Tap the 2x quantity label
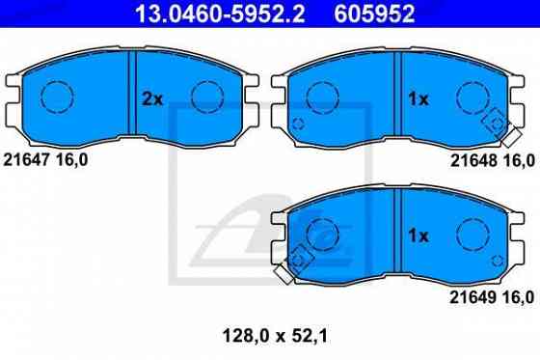coord(152,98)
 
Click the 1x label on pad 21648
coord(418,98)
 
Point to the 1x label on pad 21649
coord(418,235)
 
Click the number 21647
coord(28,159)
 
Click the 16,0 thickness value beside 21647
coord(73,159)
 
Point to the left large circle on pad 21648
coord(325,97)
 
